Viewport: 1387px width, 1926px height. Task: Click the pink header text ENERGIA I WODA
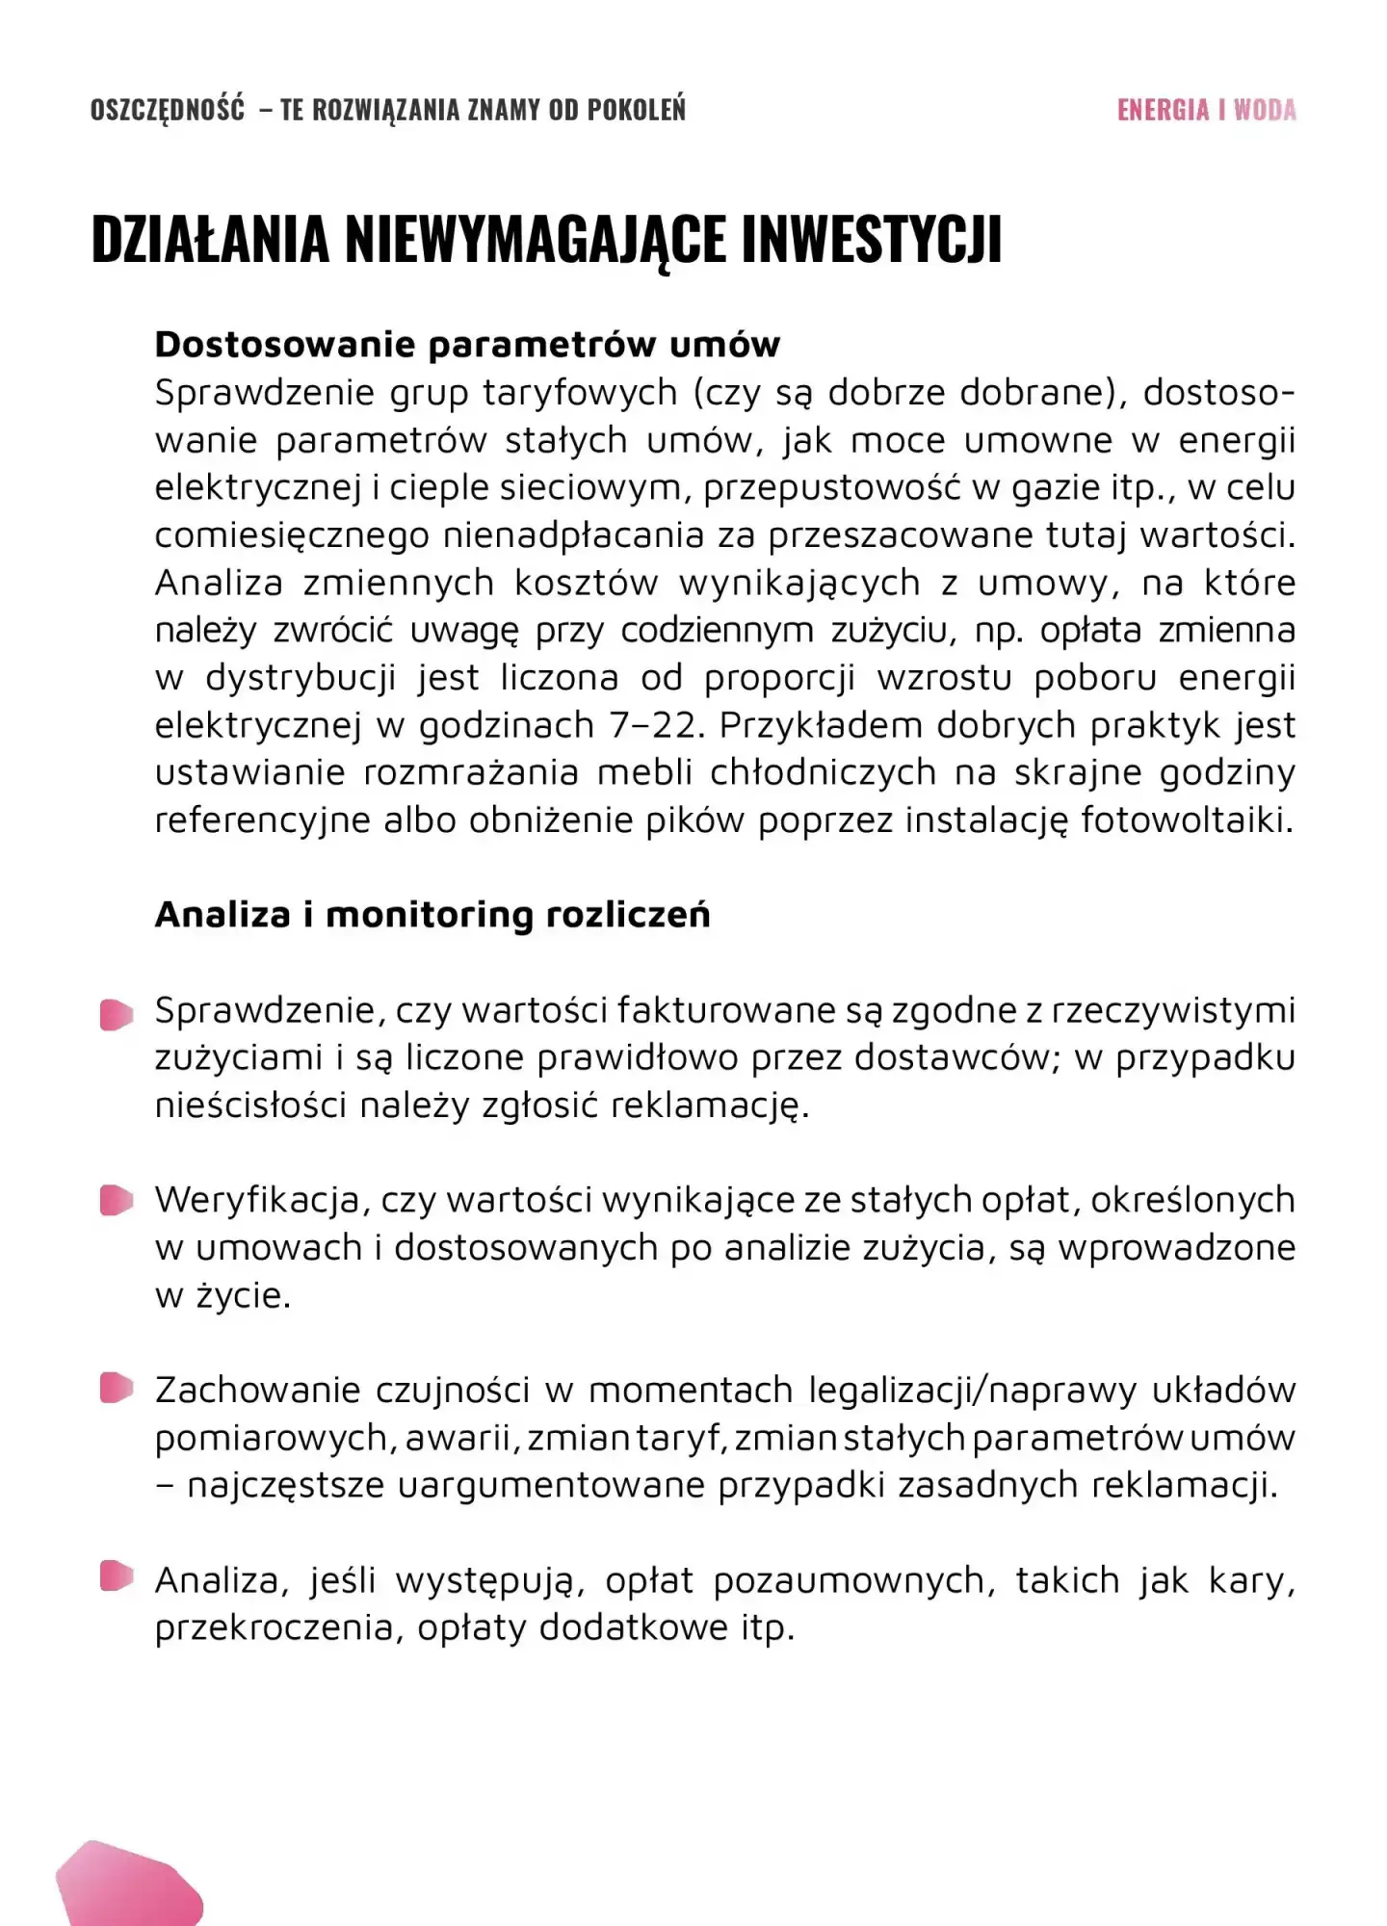(1206, 110)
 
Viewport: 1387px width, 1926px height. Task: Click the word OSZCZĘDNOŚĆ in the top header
(168, 110)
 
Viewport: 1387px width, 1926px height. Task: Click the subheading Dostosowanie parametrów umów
(467, 345)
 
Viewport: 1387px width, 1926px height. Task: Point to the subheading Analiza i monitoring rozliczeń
(432, 915)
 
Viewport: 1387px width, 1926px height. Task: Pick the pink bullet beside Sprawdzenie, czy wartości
(117, 1014)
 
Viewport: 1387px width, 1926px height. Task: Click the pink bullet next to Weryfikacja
(117, 1201)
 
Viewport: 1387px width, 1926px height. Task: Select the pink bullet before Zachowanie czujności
(117, 1389)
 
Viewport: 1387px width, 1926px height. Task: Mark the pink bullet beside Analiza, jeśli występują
(117, 1576)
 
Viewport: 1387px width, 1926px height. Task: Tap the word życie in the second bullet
(242, 1296)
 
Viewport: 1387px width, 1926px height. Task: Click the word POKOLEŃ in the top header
(637, 110)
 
